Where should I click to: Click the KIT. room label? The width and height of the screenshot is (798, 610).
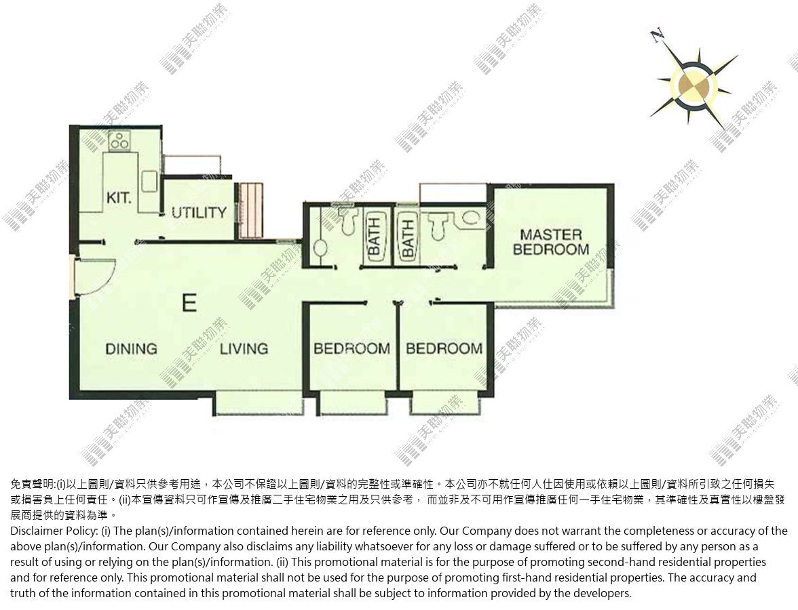point(119,197)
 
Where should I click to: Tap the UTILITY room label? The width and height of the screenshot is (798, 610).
point(199,213)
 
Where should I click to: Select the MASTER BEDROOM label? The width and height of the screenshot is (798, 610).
point(551,242)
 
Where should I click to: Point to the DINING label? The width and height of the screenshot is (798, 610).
point(132,348)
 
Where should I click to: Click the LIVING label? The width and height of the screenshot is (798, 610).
point(244,348)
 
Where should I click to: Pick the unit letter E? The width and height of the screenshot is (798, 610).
point(189,303)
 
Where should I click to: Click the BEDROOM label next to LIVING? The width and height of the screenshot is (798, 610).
point(351,348)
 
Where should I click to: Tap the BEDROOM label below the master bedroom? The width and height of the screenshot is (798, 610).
point(444,348)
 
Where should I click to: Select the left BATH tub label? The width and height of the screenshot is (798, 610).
point(374,237)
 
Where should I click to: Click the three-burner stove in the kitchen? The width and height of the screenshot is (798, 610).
point(119,140)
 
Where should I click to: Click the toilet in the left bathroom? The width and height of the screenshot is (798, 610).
point(348,219)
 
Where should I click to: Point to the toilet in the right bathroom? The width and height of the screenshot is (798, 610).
point(438,224)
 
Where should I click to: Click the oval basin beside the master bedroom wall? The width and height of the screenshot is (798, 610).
point(471,218)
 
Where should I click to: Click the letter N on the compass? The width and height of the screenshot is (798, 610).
point(658,35)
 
